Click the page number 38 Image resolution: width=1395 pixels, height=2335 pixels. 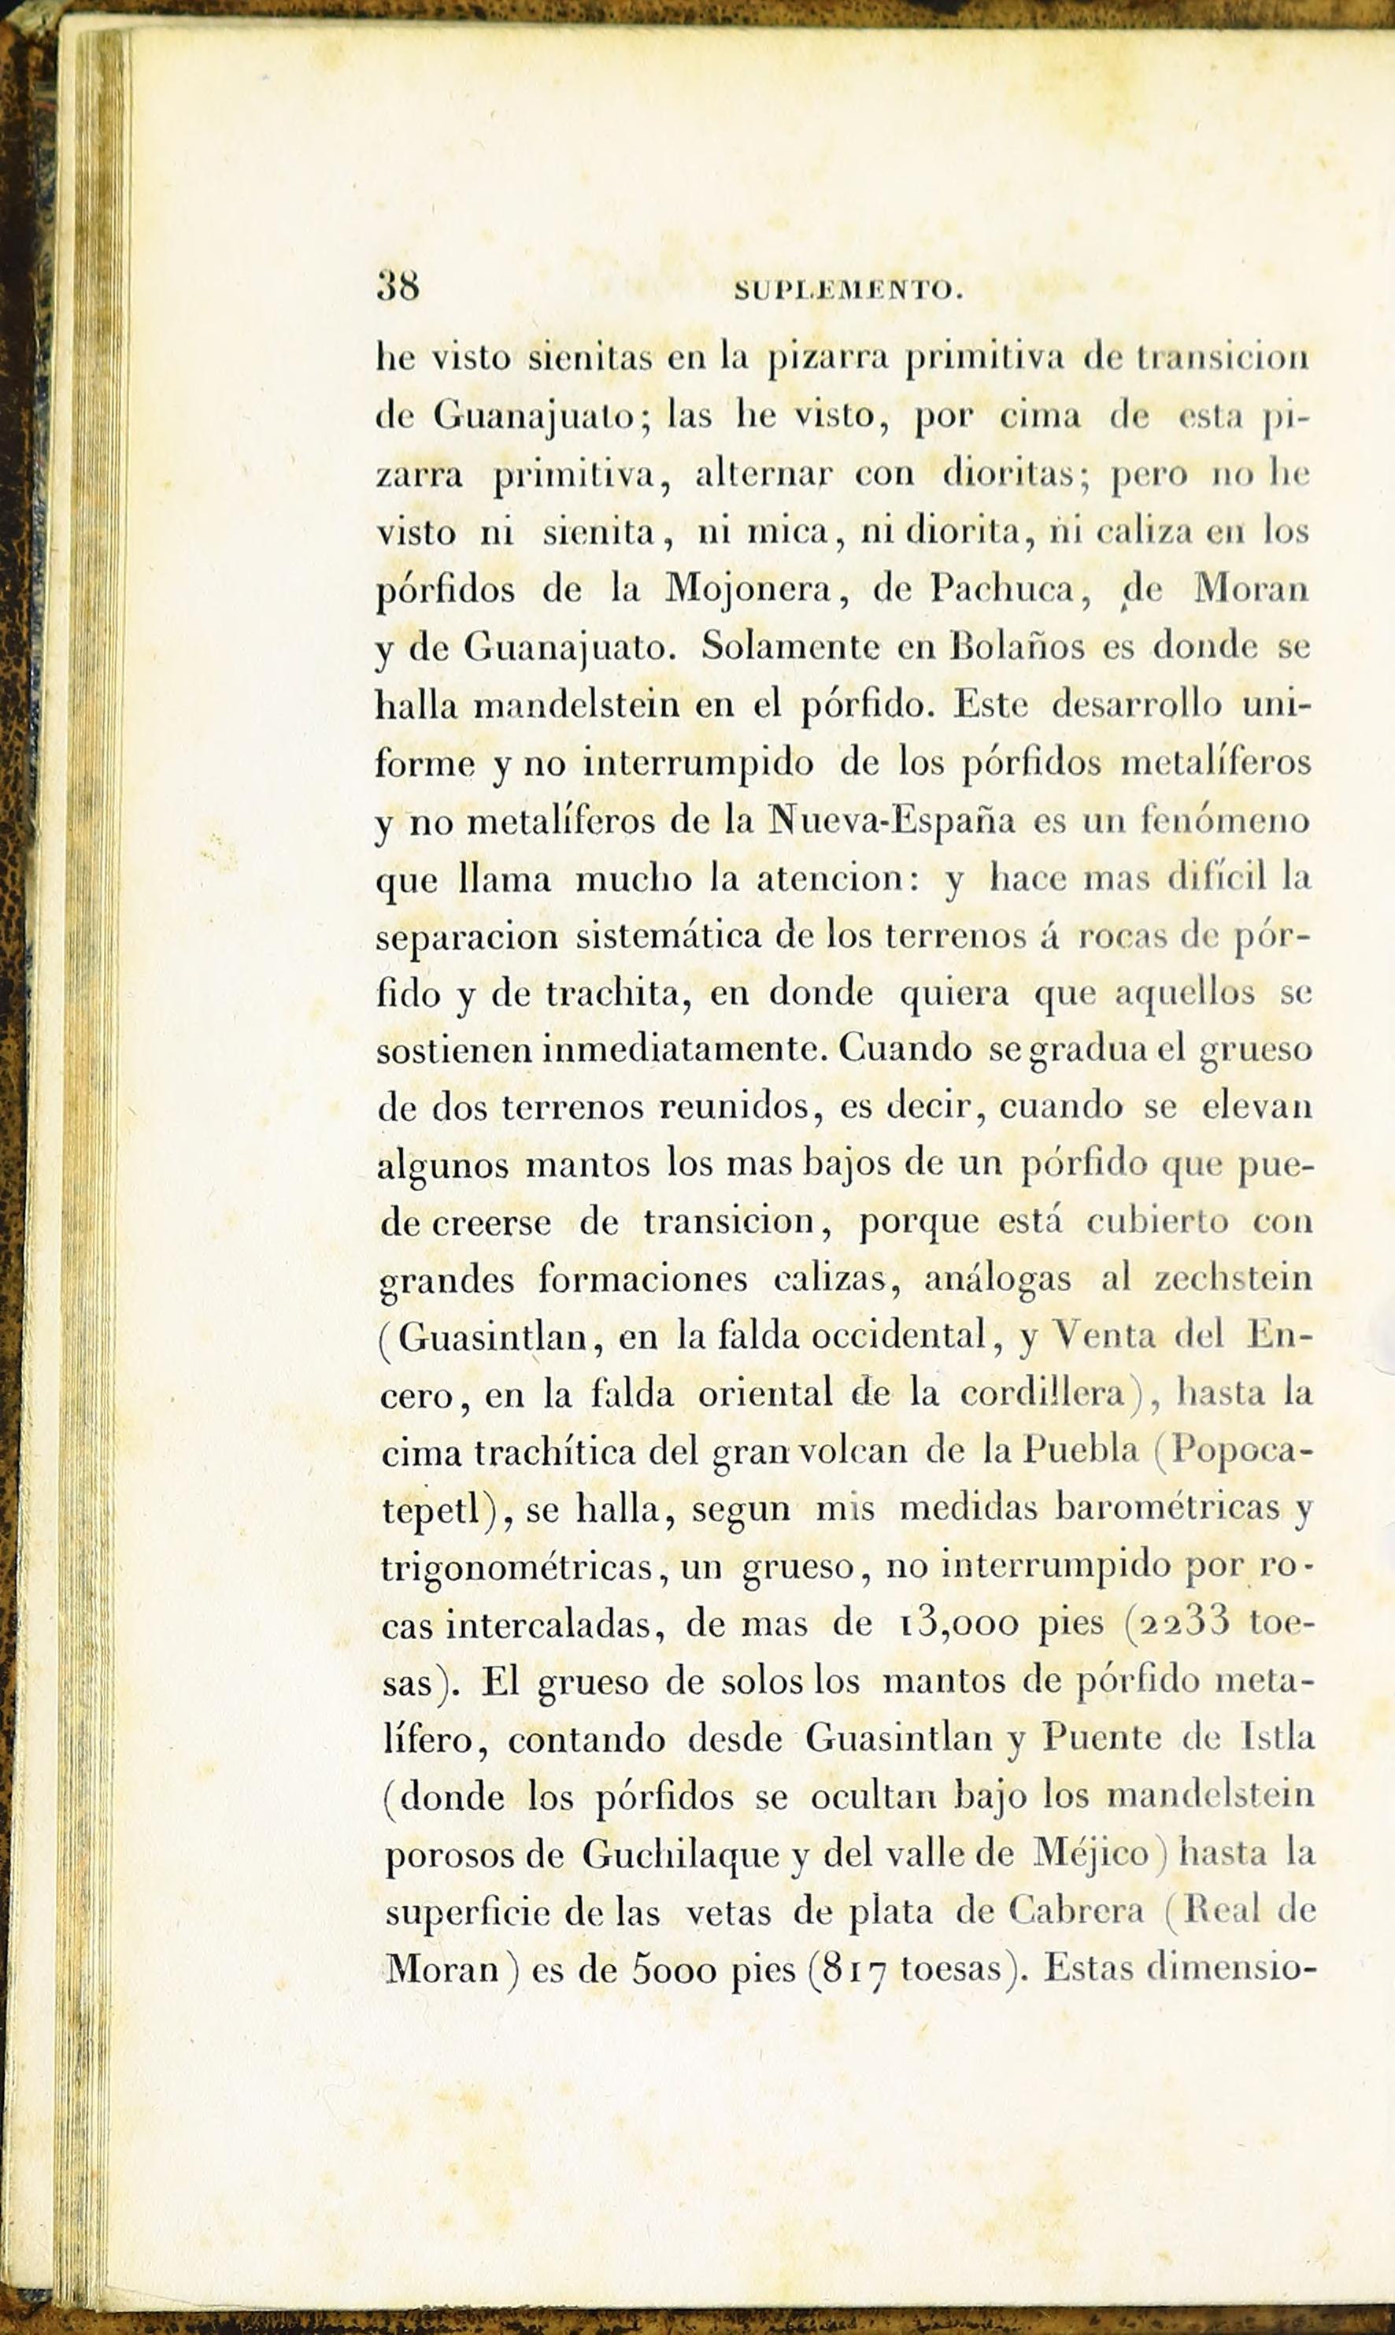[x=398, y=287]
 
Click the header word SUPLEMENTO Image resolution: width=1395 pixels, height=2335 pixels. [x=847, y=292]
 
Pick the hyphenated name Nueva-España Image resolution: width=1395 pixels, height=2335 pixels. [x=891, y=820]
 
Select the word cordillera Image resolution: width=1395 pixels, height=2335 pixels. [x=1043, y=1394]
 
